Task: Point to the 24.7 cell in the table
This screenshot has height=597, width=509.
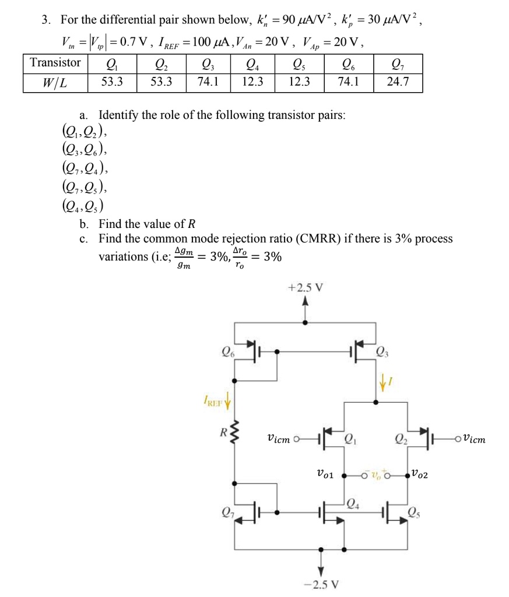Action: pos(398,82)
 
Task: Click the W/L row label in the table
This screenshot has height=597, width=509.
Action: pos(55,82)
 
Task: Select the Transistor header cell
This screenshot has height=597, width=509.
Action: pos(55,62)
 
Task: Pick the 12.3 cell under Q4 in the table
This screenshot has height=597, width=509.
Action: pos(252,82)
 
